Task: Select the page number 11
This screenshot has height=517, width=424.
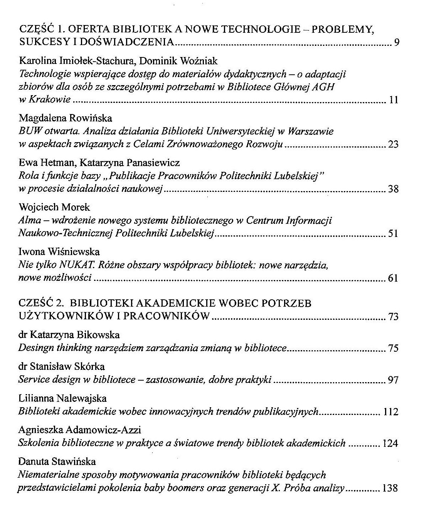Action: click(394, 100)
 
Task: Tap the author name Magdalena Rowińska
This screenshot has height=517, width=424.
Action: click(65, 118)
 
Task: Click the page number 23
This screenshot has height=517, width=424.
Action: click(393, 145)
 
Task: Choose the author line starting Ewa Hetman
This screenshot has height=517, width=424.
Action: click(99, 163)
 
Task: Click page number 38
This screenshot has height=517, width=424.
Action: click(393, 189)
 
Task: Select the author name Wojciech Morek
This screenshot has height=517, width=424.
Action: click(54, 207)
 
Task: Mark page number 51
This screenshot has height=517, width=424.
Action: click(393, 234)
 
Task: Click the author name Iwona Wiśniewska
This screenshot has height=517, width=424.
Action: click(59, 252)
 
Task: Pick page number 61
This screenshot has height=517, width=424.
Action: click(393, 278)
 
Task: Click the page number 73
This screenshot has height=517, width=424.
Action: click(393, 317)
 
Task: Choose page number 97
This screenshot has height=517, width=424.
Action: click(393, 381)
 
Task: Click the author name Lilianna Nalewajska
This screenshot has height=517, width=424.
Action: click(62, 398)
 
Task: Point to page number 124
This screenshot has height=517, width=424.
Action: click(390, 444)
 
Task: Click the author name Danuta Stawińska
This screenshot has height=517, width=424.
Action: click(57, 462)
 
